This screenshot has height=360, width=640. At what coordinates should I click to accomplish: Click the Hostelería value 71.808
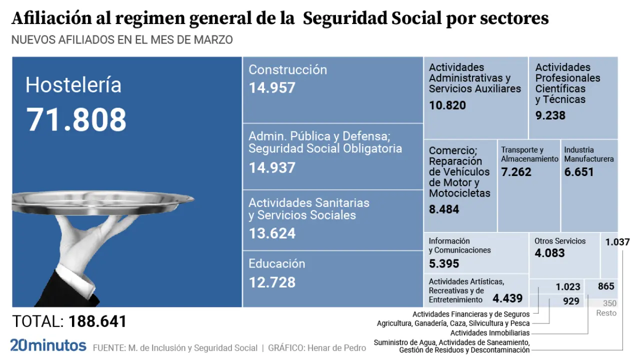(76, 120)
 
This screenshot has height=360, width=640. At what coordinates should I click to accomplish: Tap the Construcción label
(287, 70)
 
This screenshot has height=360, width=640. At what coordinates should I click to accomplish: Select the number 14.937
(272, 167)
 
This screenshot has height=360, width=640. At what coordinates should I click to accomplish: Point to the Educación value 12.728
(272, 282)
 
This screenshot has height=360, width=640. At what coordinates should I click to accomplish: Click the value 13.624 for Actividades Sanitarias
(272, 233)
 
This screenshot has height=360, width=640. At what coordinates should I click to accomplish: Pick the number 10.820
(447, 105)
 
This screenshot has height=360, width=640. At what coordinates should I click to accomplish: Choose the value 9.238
(550, 115)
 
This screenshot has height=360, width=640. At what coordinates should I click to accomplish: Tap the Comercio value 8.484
(443, 209)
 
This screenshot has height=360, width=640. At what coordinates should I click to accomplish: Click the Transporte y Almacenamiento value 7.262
(516, 172)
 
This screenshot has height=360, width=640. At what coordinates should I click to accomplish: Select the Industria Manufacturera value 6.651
(578, 172)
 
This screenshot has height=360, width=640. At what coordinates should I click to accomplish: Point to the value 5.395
(443, 263)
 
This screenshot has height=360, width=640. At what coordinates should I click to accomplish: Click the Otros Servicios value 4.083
(549, 253)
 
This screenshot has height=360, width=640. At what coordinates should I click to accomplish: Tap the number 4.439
(507, 299)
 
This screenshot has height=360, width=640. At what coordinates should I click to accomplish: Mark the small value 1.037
(617, 242)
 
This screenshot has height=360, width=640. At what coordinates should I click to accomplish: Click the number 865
(605, 286)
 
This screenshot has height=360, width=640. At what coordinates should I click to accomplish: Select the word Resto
(606, 313)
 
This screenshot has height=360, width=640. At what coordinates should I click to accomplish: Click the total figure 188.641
(97, 321)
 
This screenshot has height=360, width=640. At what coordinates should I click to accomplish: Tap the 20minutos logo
(48, 345)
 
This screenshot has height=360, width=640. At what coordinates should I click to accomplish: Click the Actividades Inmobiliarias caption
(489, 333)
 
